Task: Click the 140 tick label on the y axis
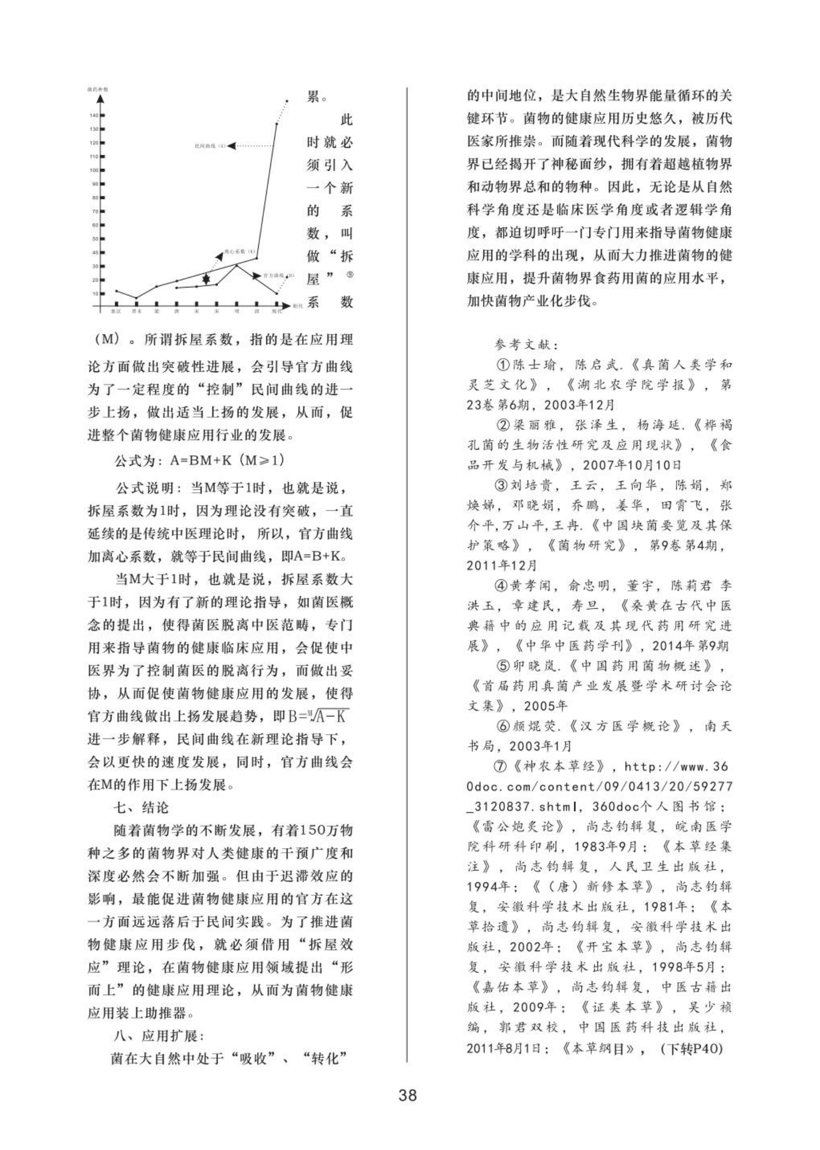(94, 116)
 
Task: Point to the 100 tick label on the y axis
(94, 170)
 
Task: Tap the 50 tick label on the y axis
(95, 239)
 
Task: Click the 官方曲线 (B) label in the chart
(276, 276)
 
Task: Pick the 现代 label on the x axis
(276, 311)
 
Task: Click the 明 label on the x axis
(236, 311)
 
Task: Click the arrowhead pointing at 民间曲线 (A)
(231, 146)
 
